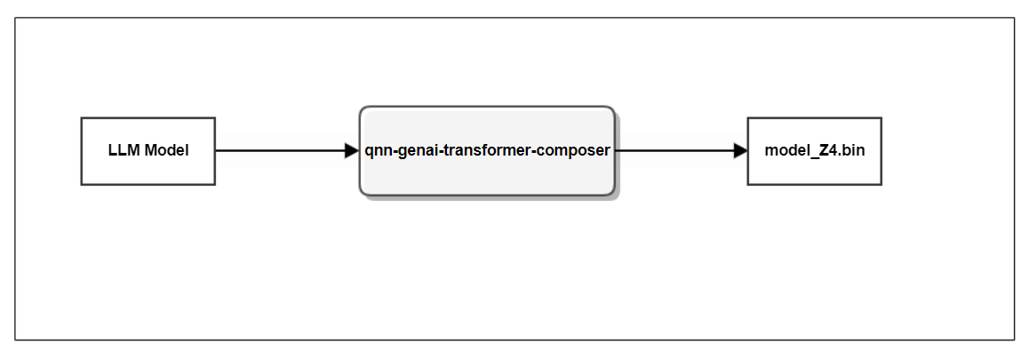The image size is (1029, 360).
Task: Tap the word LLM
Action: click(123, 151)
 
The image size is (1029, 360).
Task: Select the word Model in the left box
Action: click(166, 151)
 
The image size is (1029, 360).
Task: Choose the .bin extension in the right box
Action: click(850, 151)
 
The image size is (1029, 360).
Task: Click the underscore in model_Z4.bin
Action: click(810, 156)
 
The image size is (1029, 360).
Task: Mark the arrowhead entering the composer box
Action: click(351, 151)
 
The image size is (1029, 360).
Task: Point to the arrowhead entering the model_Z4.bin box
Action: click(740, 151)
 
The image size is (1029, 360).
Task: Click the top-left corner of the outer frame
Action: click(15, 18)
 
